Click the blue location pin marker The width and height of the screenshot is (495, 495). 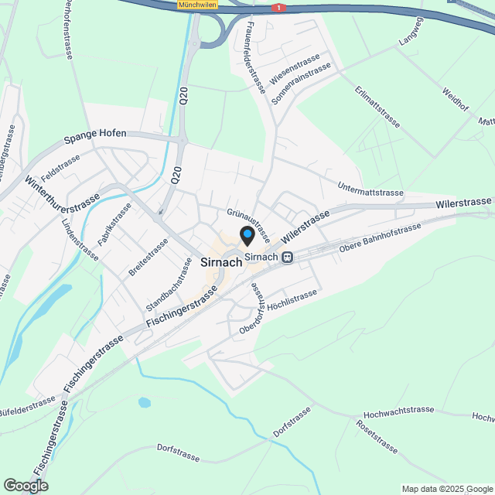(x=247, y=235)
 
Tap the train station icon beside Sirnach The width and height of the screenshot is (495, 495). (x=287, y=258)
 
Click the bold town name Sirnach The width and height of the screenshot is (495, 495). (x=221, y=262)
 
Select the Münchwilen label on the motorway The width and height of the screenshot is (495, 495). (x=197, y=5)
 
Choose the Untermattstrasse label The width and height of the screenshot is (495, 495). (x=371, y=188)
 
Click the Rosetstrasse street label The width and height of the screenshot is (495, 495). (x=377, y=437)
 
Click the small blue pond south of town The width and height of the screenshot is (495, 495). (x=145, y=402)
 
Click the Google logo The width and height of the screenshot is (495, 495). (x=25, y=485)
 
